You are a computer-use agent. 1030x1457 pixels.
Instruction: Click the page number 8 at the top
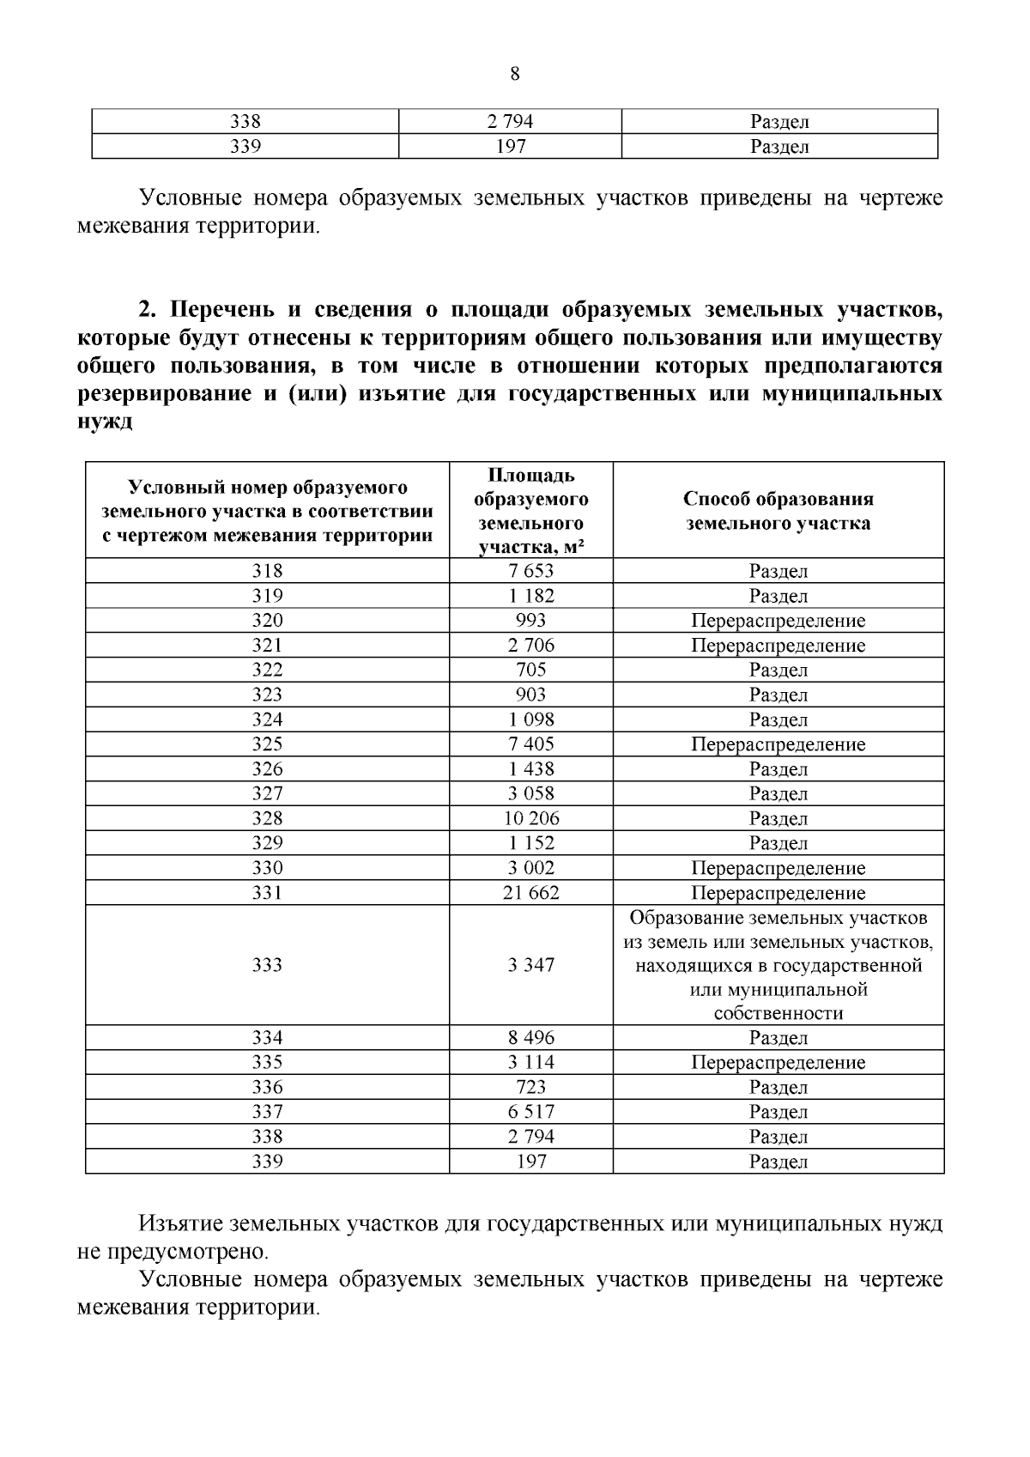click(514, 74)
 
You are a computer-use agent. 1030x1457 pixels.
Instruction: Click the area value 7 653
click(530, 571)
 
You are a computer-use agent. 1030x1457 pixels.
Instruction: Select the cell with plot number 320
click(267, 621)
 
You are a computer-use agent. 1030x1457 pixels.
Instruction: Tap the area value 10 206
click(530, 818)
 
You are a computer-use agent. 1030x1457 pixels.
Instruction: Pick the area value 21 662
click(530, 893)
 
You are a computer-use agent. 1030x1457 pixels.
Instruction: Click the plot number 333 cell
click(267, 965)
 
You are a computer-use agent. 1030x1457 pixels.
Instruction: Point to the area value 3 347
click(530, 965)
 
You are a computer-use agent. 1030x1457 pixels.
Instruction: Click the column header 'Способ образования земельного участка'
click(778, 511)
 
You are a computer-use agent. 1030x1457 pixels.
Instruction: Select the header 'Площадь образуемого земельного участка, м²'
click(530, 511)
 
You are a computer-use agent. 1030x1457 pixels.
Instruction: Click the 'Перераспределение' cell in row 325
click(778, 744)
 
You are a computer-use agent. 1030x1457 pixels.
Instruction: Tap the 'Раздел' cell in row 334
click(778, 1038)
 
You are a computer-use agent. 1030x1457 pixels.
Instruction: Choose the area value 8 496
click(530, 1038)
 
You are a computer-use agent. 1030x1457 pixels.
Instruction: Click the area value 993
click(530, 621)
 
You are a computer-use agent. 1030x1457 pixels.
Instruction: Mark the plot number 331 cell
click(267, 893)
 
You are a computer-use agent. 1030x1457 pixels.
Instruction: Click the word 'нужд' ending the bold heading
click(105, 422)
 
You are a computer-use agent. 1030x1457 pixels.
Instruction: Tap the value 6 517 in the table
click(530, 1112)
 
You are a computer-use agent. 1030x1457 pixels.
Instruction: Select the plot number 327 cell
click(267, 794)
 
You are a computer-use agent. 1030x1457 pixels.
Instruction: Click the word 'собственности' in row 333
click(778, 1013)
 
